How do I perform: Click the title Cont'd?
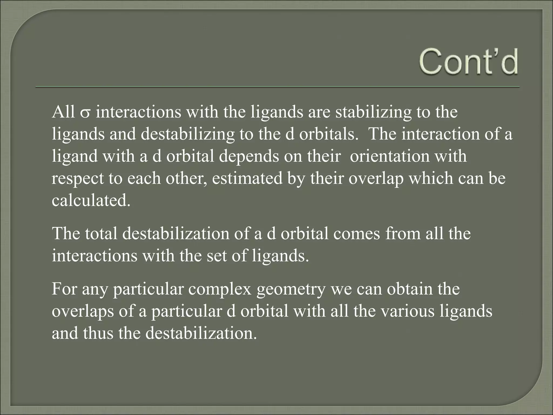tap(469, 62)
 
